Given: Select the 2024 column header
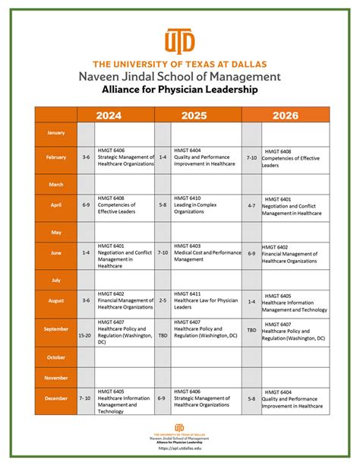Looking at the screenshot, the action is click(x=115, y=115).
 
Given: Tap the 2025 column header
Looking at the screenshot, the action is click(x=198, y=115).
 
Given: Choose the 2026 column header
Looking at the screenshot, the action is click(x=286, y=115).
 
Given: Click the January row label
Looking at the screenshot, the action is click(x=55, y=133).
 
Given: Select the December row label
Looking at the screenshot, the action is click(x=55, y=398).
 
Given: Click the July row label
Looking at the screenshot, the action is click(x=55, y=280).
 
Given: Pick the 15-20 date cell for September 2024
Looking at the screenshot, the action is click(x=86, y=334).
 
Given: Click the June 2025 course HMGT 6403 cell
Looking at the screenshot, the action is click(x=207, y=253).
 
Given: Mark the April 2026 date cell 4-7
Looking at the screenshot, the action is click(x=251, y=205).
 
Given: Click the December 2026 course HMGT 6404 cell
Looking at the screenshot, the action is click(x=295, y=398).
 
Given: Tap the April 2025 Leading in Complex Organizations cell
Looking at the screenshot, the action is click(x=207, y=205).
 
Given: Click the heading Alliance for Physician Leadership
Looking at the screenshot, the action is click(x=179, y=90).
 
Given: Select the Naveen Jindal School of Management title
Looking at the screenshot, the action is click(x=179, y=77).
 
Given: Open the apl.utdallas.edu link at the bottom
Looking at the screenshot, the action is click(x=179, y=449).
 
